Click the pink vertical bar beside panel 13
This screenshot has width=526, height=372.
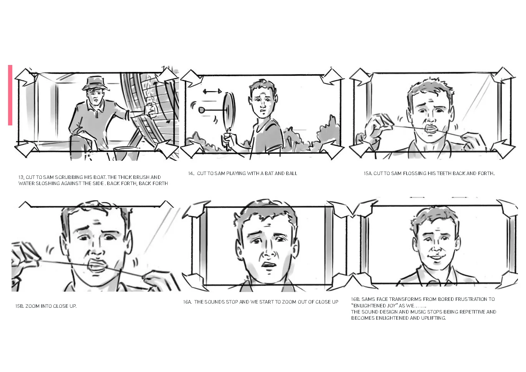[10, 95]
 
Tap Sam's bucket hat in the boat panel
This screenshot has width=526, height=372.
[96, 83]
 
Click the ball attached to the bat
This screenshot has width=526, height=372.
[202, 110]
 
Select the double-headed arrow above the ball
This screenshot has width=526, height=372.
[212, 91]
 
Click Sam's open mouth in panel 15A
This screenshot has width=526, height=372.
[431, 130]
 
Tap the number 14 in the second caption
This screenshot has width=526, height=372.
[191, 173]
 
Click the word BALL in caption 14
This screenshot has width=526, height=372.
[291, 173]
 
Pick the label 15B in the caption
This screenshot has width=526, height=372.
[19, 306]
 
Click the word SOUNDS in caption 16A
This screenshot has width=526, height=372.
[215, 302]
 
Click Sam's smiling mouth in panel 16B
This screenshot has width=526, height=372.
[436, 257]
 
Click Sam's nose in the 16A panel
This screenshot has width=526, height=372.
[267, 252]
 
